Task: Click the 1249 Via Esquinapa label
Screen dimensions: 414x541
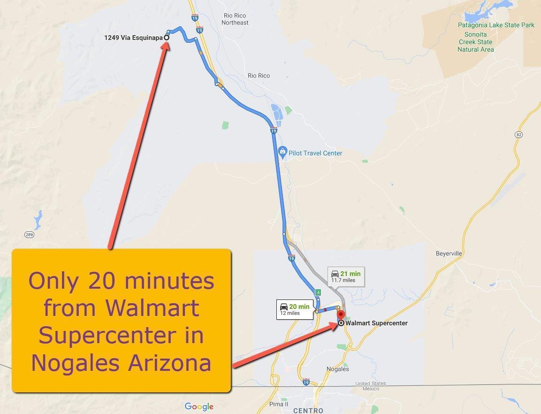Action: [133, 38]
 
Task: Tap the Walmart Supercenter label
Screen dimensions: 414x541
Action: [376, 323]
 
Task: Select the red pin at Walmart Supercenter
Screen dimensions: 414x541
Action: [341, 315]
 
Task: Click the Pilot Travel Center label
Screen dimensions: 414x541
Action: [315, 153]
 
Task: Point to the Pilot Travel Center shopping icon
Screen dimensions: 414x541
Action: [282, 151]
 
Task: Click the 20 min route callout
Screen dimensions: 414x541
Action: [295, 309]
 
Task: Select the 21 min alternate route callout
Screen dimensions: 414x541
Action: [346, 276]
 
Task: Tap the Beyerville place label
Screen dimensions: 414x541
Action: [449, 253]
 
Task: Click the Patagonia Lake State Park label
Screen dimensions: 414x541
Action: [496, 25]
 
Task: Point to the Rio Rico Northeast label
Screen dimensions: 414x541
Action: [235, 19]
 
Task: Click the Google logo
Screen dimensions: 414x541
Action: [199, 406]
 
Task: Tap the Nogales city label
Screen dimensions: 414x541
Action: [338, 369]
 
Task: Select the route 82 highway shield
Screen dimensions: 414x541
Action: [518, 135]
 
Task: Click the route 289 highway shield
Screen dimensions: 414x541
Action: [29, 234]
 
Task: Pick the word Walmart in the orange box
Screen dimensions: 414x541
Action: [152, 308]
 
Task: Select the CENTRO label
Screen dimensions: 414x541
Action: [308, 410]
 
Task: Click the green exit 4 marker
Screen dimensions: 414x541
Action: [318, 292]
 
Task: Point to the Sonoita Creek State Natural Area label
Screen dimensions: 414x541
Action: [475, 42]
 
